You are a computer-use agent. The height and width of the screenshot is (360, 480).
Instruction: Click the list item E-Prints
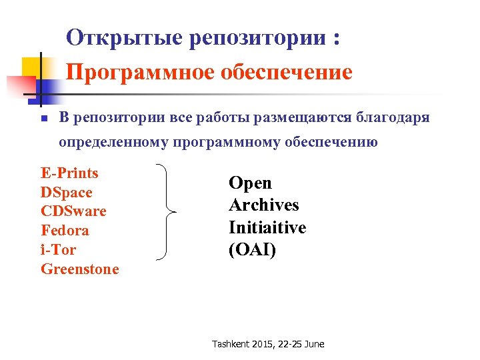click(69, 173)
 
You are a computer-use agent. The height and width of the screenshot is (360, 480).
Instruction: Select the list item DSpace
click(66, 193)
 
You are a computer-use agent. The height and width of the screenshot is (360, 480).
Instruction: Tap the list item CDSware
click(73, 211)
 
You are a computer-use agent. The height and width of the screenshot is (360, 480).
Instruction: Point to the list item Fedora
click(65, 231)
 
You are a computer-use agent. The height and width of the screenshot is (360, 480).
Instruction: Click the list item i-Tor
click(59, 250)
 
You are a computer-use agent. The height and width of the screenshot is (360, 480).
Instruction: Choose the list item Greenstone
click(80, 269)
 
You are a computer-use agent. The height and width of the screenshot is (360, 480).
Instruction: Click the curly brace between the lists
click(168, 212)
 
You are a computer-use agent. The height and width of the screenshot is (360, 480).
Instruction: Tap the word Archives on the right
click(263, 205)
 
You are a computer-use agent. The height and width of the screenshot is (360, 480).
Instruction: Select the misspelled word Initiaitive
click(267, 228)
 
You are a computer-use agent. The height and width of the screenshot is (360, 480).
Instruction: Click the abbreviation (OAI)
click(252, 250)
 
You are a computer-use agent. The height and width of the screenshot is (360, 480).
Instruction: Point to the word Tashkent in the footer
click(231, 344)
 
